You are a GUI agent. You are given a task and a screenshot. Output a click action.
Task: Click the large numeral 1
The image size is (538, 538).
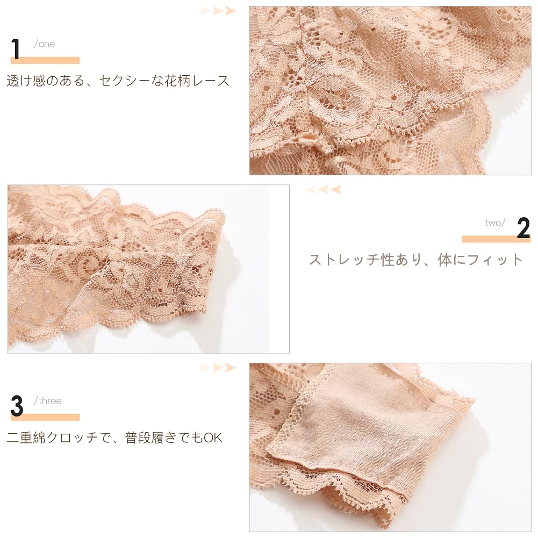(16, 49)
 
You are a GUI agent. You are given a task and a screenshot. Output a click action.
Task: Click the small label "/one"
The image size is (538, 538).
(45, 44)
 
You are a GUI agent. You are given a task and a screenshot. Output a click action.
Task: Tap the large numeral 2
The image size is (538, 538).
(523, 229)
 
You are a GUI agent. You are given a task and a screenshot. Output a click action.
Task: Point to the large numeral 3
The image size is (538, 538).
(17, 406)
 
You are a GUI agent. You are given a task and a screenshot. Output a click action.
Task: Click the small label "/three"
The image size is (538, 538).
(48, 401)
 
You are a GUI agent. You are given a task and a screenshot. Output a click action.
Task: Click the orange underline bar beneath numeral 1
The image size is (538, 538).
(45, 61)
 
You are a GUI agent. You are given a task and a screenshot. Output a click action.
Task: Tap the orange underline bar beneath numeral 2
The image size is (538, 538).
(496, 239)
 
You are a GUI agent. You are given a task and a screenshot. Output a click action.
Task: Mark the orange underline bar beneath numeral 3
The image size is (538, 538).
(45, 417)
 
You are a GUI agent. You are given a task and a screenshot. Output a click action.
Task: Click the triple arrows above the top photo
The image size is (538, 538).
(218, 11)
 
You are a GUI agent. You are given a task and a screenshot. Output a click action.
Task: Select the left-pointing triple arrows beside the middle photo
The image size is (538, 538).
(323, 189)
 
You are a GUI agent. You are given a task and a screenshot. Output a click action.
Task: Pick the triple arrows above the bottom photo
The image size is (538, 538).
(218, 368)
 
